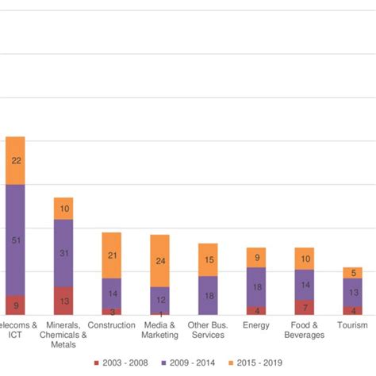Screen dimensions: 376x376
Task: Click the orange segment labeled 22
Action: [16, 160]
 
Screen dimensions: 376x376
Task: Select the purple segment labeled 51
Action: [16, 240]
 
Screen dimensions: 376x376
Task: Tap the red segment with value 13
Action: [63, 301]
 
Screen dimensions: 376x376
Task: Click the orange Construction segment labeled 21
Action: [112, 255]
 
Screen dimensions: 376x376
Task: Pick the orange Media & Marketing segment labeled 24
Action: [159, 260]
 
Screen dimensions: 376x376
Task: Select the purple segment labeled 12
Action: [159, 299]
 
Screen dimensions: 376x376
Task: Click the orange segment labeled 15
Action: [208, 259]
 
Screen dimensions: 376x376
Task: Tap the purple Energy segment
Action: [256, 286]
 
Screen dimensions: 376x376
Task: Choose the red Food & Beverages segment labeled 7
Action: [304, 307]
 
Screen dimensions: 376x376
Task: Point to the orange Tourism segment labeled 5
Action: [352, 273]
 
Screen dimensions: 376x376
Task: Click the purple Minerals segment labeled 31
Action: [63, 253]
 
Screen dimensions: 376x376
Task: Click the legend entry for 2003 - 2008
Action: [118, 363]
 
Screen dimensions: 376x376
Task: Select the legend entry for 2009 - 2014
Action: [188, 363]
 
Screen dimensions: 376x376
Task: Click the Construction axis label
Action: [112, 325]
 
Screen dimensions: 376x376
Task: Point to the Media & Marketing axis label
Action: [159, 330]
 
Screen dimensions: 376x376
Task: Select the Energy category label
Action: [256, 325]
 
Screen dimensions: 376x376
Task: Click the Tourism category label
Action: [352, 325]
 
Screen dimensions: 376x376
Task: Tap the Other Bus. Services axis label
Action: [208, 330]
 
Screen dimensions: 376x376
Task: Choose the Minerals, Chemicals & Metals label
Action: [63, 335]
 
